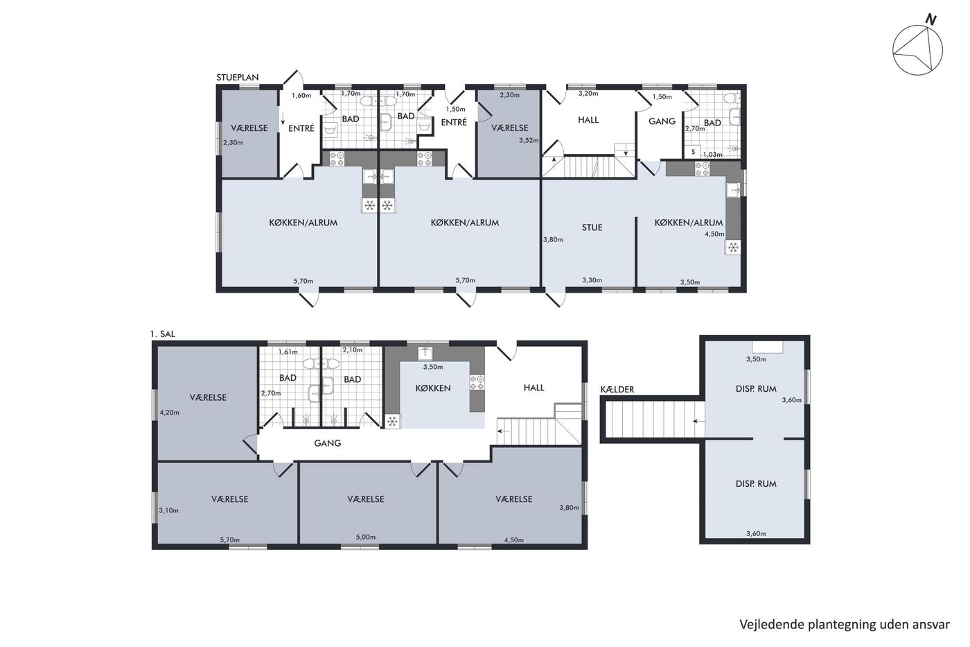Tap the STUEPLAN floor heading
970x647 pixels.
[237, 78]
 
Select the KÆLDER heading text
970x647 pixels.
[617, 389]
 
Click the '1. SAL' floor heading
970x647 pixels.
[162, 334]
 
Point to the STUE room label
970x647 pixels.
[592, 227]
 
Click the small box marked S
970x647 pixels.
[694, 152]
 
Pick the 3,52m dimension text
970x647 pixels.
[529, 140]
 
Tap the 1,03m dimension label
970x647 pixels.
[712, 154]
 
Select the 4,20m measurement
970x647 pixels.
[169, 413]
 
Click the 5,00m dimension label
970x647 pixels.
[366, 537]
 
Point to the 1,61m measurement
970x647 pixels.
[288, 352]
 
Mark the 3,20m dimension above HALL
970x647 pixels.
[588, 93]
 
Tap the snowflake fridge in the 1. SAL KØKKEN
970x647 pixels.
[392, 421]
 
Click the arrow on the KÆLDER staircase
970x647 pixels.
[698, 421]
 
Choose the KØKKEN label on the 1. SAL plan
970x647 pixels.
[433, 388]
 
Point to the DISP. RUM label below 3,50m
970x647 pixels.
[756, 389]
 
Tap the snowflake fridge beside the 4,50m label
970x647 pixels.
[733, 248]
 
